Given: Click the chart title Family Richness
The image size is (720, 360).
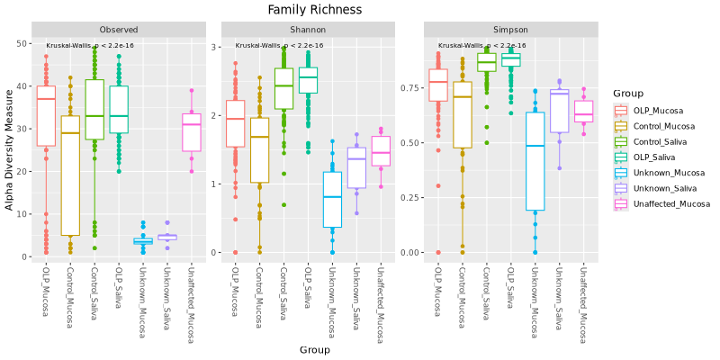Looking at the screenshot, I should pyautogui.click(x=315, y=10).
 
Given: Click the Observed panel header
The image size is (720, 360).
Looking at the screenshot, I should pyautogui.click(x=119, y=30).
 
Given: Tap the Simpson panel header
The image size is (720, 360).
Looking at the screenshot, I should pyautogui.click(x=509, y=30).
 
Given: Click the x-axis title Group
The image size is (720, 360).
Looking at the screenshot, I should pyautogui.click(x=314, y=349).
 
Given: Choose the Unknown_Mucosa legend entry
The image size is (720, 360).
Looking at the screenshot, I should pyautogui.click(x=661, y=173).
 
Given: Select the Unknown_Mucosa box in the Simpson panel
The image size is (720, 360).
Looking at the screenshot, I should pyautogui.click(x=535, y=161).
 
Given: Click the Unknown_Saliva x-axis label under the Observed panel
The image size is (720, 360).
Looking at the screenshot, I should pyautogui.click(x=166, y=293).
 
